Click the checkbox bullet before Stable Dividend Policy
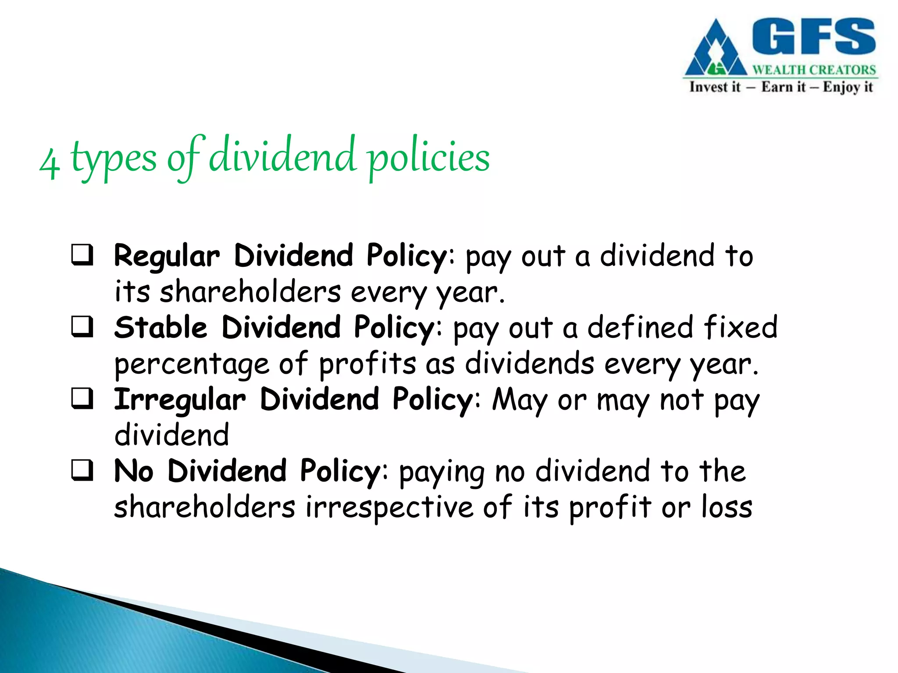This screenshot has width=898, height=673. coord(82,327)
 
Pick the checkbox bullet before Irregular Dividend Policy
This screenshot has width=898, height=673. coord(82,399)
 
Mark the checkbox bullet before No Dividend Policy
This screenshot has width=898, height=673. coord(82,471)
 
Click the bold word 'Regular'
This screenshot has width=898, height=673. coord(167,257)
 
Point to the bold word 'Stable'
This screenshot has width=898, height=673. coord(160,328)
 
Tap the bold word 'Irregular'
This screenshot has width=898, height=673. coord(180,400)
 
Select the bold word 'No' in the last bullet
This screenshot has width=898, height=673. coord(134,471)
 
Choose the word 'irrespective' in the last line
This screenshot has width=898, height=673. coord(389,508)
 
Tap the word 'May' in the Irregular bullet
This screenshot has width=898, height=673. coord(520,400)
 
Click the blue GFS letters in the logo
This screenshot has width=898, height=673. coord(814,37)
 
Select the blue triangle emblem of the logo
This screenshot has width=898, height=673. coord(716,50)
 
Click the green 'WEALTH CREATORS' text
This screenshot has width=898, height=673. coord(814,70)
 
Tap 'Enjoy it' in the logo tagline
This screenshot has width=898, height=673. coord(848,87)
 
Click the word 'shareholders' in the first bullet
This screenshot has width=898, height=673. coord(250,293)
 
